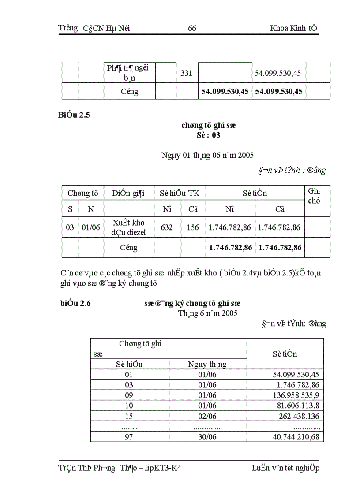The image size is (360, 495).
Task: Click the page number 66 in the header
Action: click(x=192, y=29)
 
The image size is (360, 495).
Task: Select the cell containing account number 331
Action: click(x=187, y=74)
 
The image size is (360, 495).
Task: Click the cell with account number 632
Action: click(x=167, y=227)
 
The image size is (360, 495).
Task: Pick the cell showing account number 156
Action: click(x=193, y=227)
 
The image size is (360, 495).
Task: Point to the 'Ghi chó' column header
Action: click(x=314, y=196)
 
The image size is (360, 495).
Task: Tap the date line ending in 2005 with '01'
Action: click(x=207, y=155)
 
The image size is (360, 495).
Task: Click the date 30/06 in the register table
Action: click(x=207, y=437)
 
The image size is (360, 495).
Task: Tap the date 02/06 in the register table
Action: click(x=207, y=416)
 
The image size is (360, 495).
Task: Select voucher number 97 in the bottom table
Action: click(x=129, y=437)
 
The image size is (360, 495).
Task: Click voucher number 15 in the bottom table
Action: click(x=129, y=416)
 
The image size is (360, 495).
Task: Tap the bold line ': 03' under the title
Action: click(x=208, y=135)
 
